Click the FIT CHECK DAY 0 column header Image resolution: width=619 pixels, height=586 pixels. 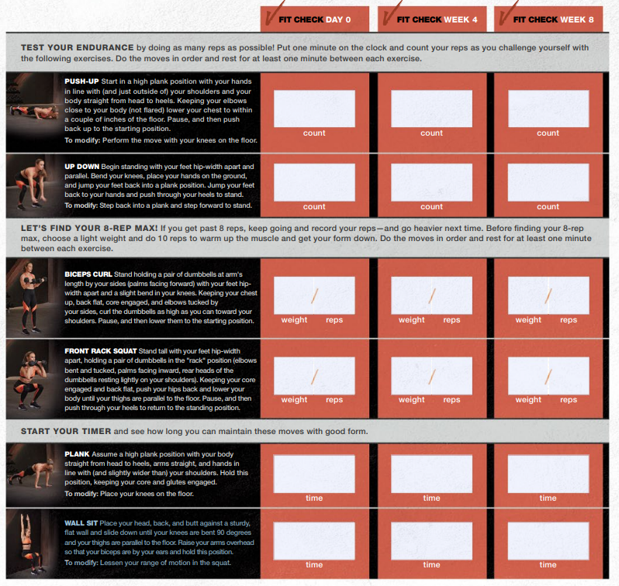coord(315,19)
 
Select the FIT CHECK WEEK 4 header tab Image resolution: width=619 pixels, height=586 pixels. coord(432,19)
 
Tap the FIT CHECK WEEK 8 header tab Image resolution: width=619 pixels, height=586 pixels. coord(548,19)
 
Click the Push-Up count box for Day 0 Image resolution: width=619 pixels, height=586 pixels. coord(314,109)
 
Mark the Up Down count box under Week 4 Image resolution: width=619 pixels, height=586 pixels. coord(431,182)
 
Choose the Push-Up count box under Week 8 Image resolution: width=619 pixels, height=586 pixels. coord(548,109)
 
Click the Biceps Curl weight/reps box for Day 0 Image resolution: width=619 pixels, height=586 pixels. coord(314,295)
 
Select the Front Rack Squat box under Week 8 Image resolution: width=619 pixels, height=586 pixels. coord(548,376)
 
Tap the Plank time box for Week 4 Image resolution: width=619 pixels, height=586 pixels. coord(431,474)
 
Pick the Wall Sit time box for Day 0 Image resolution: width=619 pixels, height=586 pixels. coord(314,541)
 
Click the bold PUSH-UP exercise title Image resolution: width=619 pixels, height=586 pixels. coord(81,81)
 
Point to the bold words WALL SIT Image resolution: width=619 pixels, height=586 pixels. coord(81,523)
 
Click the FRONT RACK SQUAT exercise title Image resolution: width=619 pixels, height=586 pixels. coord(101,351)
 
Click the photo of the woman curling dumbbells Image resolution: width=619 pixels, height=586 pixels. coord(32,297)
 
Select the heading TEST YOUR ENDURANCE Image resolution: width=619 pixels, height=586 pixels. coord(78,48)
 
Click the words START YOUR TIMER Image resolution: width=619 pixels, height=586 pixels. coord(66,431)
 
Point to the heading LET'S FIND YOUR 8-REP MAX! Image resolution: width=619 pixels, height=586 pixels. coord(89,228)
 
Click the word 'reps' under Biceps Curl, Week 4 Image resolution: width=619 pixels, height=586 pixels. coord(451,320)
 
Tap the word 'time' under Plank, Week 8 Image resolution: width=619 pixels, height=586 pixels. coord(548,498)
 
